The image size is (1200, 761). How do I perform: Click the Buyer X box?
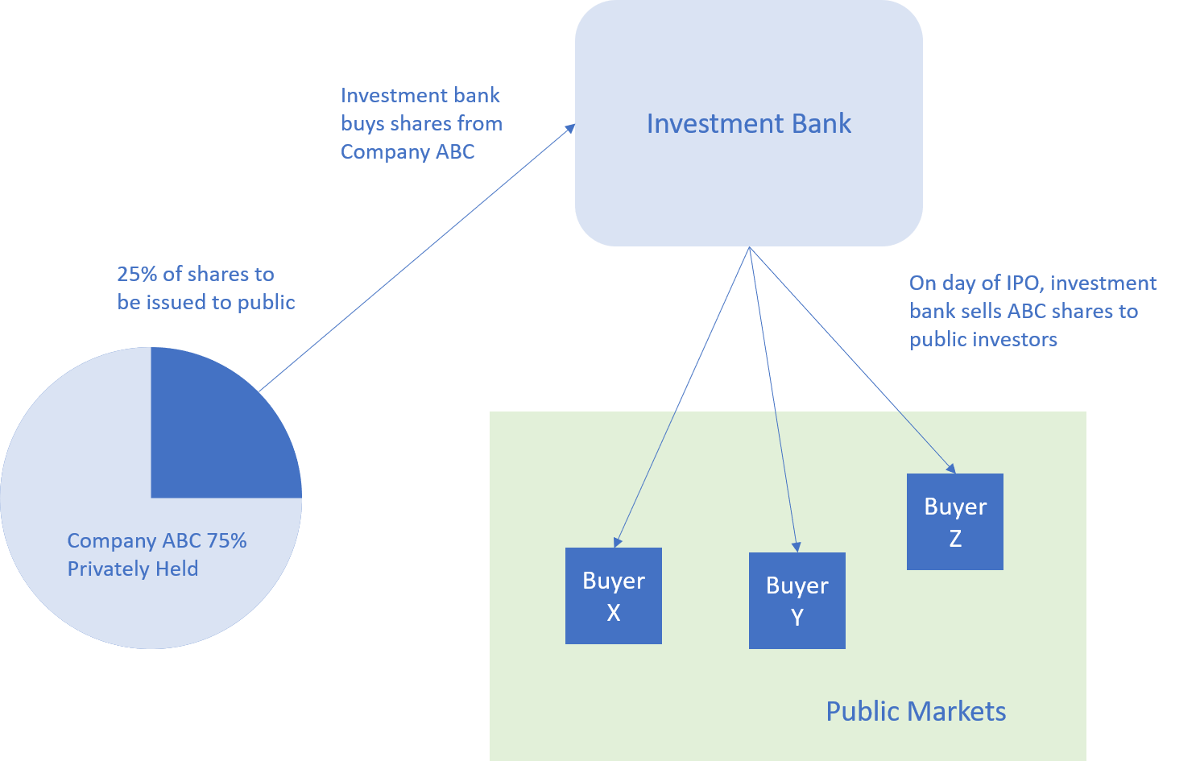613,596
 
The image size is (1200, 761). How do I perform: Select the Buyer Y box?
797,601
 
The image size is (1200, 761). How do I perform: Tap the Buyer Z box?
954,522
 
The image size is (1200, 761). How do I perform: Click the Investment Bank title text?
748,124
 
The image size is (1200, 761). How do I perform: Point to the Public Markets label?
916,712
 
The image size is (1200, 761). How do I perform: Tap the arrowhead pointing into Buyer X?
617,542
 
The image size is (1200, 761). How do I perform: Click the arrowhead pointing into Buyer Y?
796,547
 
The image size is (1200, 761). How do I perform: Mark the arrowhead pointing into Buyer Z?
951,468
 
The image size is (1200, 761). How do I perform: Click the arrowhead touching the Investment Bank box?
571,127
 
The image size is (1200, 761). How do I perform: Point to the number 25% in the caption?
137,275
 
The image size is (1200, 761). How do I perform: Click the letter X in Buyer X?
614,613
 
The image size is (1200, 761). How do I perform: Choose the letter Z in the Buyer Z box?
955,539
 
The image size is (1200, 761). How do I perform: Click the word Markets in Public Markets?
961,712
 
